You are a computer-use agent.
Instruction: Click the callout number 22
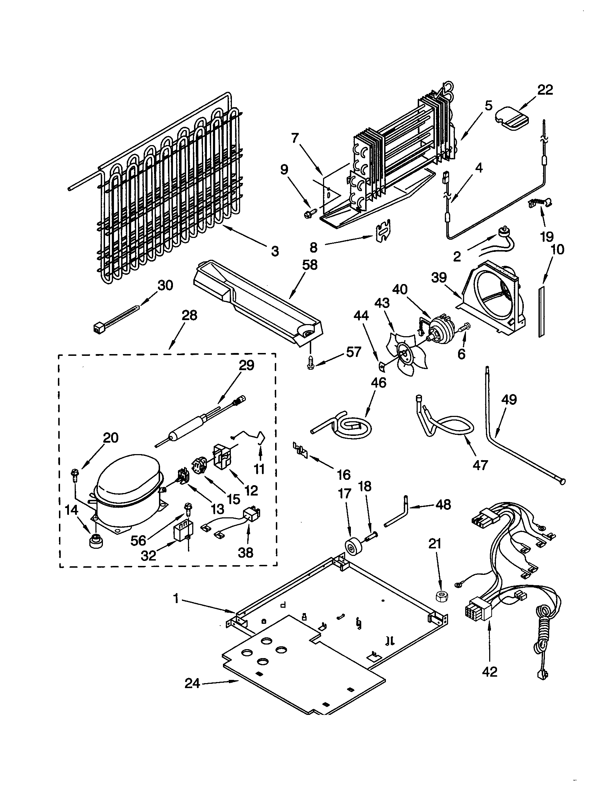click(545, 90)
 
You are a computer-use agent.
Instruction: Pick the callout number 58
click(310, 265)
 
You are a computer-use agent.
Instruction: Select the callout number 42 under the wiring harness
click(490, 671)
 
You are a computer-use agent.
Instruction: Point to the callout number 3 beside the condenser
click(274, 251)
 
